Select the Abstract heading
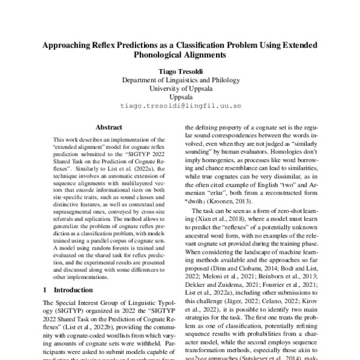coord(109,127)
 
